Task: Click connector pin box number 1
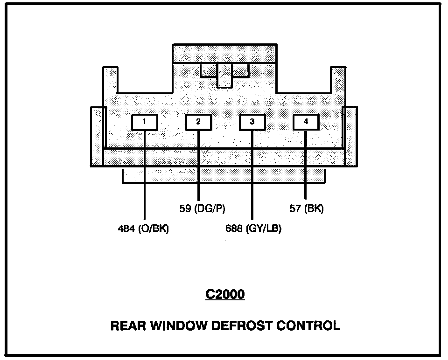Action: [x=145, y=122]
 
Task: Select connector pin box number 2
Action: [x=198, y=122]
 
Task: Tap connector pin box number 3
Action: [x=252, y=122]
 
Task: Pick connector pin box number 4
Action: [x=306, y=122]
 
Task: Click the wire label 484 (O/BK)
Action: [x=143, y=229]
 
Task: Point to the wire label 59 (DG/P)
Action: [x=202, y=208]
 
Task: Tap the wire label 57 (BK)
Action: [x=307, y=208]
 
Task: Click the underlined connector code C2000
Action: [x=225, y=295]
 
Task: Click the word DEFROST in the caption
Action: [x=237, y=325]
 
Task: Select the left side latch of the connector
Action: [x=97, y=136]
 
